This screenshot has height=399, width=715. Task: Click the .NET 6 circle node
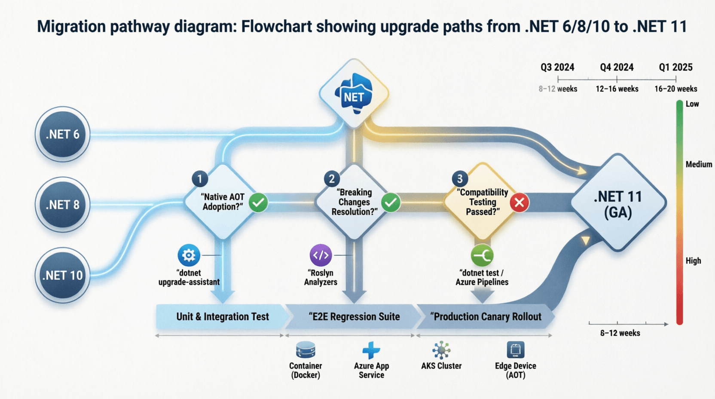click(x=63, y=134)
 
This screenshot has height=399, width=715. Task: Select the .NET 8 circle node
click(x=63, y=205)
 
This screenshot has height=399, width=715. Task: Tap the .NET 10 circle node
click(x=63, y=275)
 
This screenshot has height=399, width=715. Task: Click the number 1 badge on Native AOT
click(x=199, y=178)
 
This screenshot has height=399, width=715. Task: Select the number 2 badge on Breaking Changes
click(x=332, y=178)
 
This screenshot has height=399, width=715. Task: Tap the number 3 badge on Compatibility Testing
click(x=460, y=178)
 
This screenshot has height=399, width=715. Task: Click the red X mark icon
click(x=519, y=203)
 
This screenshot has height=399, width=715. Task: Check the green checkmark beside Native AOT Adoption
click(x=258, y=203)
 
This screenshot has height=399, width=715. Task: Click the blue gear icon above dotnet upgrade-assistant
click(x=189, y=255)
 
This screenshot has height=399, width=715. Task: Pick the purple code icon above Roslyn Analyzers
click(x=321, y=255)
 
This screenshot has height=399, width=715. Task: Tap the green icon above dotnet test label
click(x=482, y=256)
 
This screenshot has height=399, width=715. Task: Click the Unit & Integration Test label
click(x=222, y=317)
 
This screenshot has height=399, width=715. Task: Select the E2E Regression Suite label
click(x=354, y=317)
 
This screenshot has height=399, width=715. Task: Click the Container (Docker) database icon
click(x=306, y=350)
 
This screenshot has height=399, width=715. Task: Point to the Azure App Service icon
click(x=371, y=350)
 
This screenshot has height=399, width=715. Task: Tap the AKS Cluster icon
click(x=441, y=350)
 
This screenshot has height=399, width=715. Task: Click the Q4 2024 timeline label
click(x=617, y=68)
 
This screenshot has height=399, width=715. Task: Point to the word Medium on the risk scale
click(x=698, y=164)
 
